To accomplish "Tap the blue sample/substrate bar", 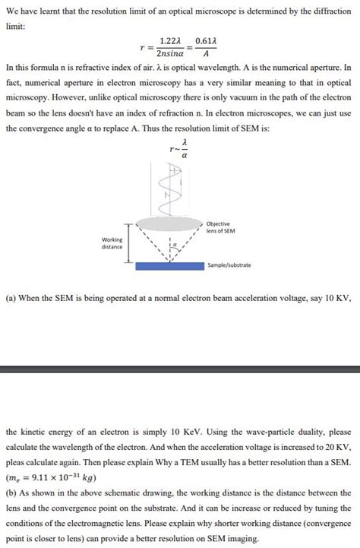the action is tap(170, 266).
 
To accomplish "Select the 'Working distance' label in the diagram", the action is tap(112, 242).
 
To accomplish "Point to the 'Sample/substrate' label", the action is tap(230, 266).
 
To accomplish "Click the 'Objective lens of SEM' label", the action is tap(220, 226).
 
